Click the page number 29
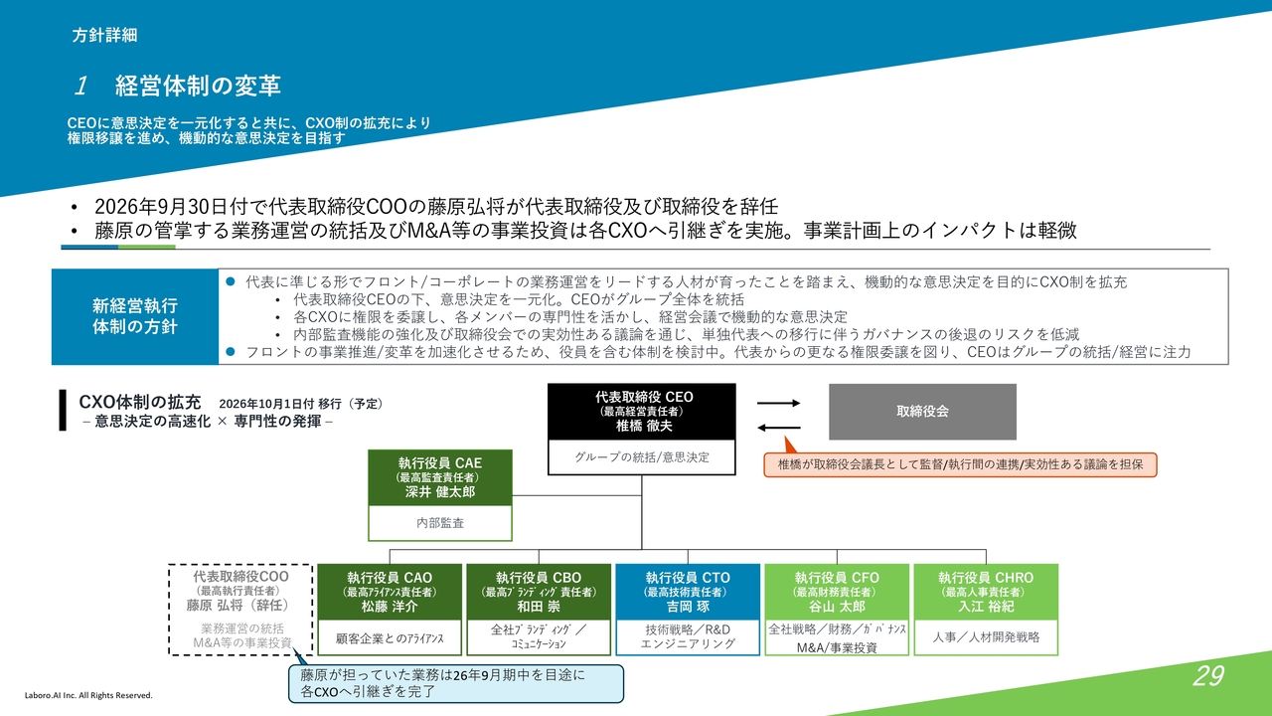coord(1207,675)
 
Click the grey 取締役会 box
coord(922,412)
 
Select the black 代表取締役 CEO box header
coord(642,412)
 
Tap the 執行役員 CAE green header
coord(440,477)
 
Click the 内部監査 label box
coord(440,523)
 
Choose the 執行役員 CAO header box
coord(390,592)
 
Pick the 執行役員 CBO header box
coord(539,592)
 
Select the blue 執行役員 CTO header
coord(688,592)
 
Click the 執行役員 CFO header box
coord(837,592)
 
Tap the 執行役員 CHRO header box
coord(986,592)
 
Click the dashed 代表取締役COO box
coord(240,610)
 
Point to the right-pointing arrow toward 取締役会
coord(778,403)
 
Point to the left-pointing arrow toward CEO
coord(778,428)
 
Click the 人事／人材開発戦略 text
coord(986,637)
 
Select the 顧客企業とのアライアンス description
coord(390,638)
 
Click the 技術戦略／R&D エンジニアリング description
coord(688,636)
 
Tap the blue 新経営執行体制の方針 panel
coord(135,316)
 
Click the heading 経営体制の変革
coord(198,86)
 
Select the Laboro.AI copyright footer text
coord(88,695)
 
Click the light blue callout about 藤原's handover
coord(456,683)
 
